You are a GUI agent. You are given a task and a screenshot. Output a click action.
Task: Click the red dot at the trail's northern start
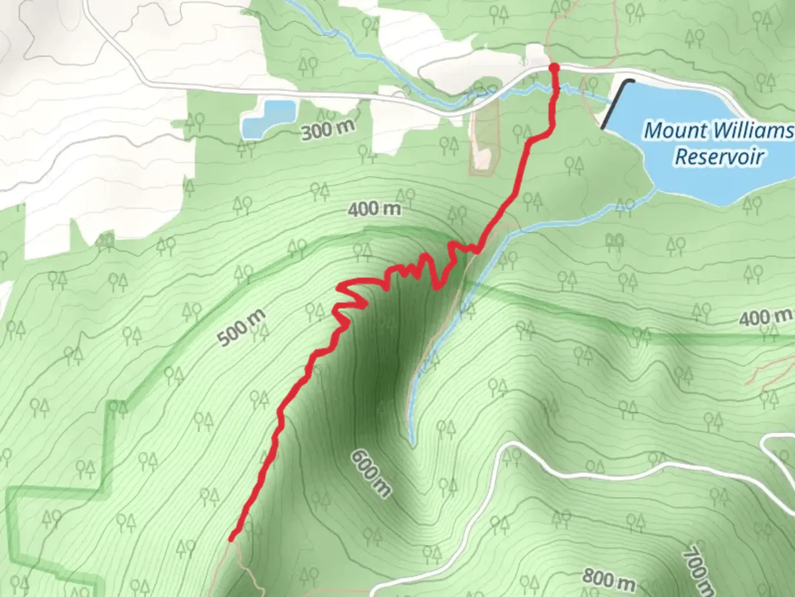554,67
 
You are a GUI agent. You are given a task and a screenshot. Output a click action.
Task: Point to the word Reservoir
719,156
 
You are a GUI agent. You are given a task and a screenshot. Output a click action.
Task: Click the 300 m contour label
327,130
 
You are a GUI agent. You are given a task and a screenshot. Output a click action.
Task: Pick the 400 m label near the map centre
374,209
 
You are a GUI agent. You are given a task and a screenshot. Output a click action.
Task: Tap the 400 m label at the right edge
764,317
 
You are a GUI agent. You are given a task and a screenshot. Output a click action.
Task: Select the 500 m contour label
242,328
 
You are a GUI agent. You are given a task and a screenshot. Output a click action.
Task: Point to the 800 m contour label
608,579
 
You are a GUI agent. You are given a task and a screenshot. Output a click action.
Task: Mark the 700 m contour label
697,570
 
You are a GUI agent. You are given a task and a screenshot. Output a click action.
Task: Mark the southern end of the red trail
232,538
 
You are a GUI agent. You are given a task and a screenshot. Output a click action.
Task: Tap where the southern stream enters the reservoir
654,190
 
